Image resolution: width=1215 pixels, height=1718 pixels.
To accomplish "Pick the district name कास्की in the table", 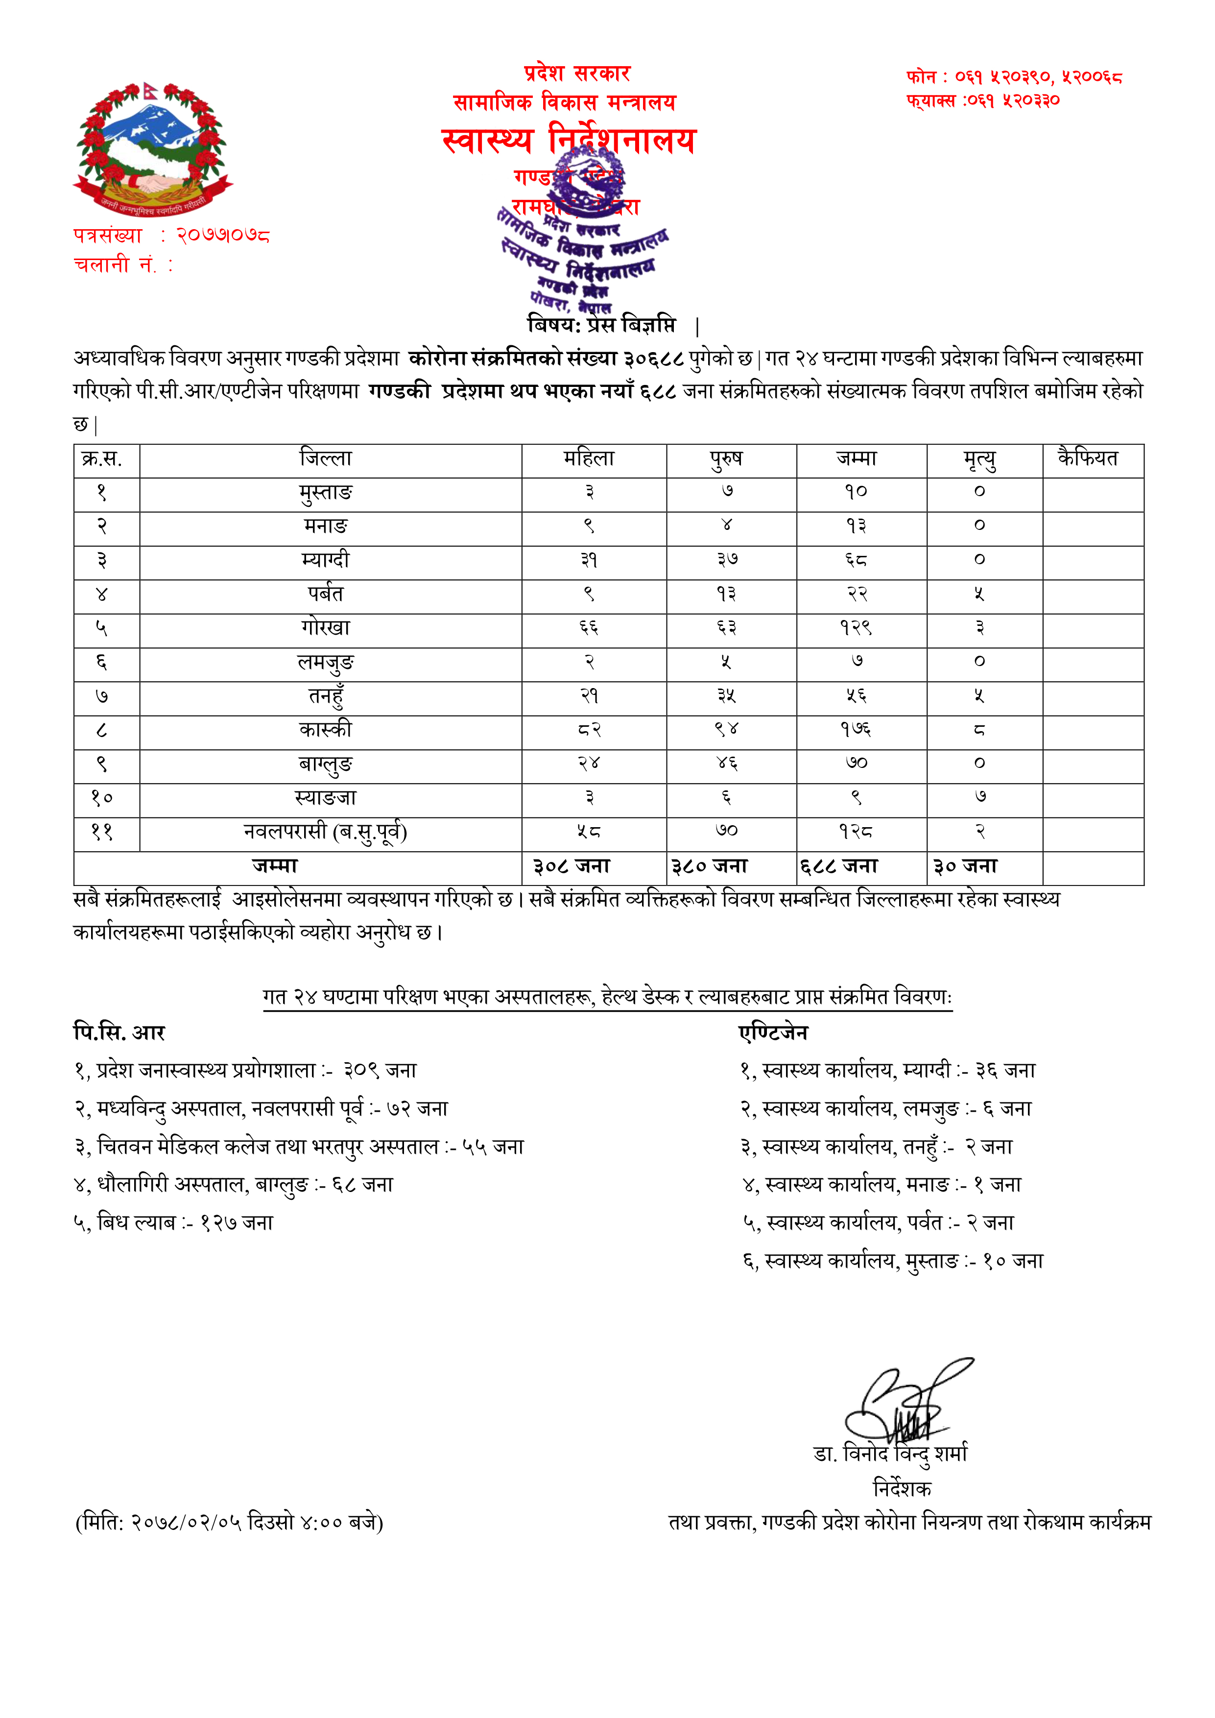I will (326, 730).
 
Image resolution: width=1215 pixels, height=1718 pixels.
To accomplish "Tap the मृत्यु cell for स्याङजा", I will (980, 798).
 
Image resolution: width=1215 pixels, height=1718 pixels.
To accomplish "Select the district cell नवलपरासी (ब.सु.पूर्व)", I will (326, 832).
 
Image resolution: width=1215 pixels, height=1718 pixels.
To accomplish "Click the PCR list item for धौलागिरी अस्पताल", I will (234, 1185).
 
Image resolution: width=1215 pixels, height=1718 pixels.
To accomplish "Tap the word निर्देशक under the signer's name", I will (902, 1488).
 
